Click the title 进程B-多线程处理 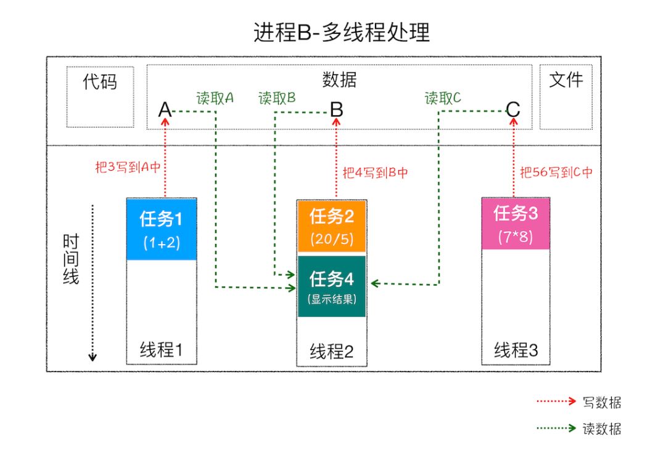coord(341,32)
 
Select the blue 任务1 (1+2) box coord(162,229)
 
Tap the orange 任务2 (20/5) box coord(332,226)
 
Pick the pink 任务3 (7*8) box coord(516,223)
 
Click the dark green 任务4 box coord(332,286)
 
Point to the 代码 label coord(100,82)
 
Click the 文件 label coord(565,79)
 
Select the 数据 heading coord(339,80)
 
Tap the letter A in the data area coord(165,110)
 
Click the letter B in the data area coord(336,110)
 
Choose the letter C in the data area coord(513,110)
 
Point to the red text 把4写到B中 coord(375,173)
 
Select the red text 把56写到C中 coord(556,173)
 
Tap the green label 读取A coord(215,97)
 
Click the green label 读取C coord(443,97)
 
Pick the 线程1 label coord(162,350)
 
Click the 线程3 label coord(516,351)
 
